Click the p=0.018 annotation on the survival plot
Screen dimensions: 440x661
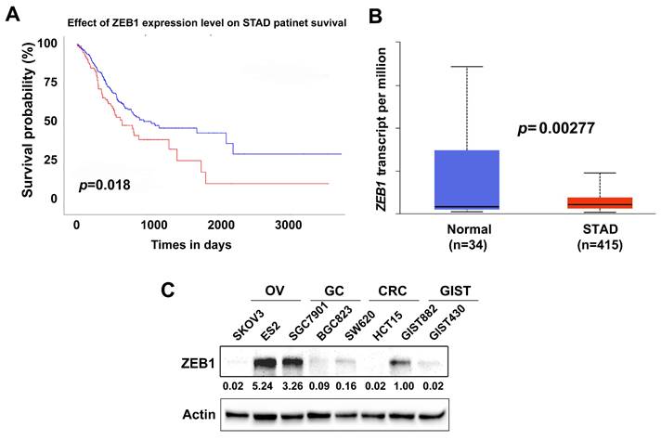[104, 186]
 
